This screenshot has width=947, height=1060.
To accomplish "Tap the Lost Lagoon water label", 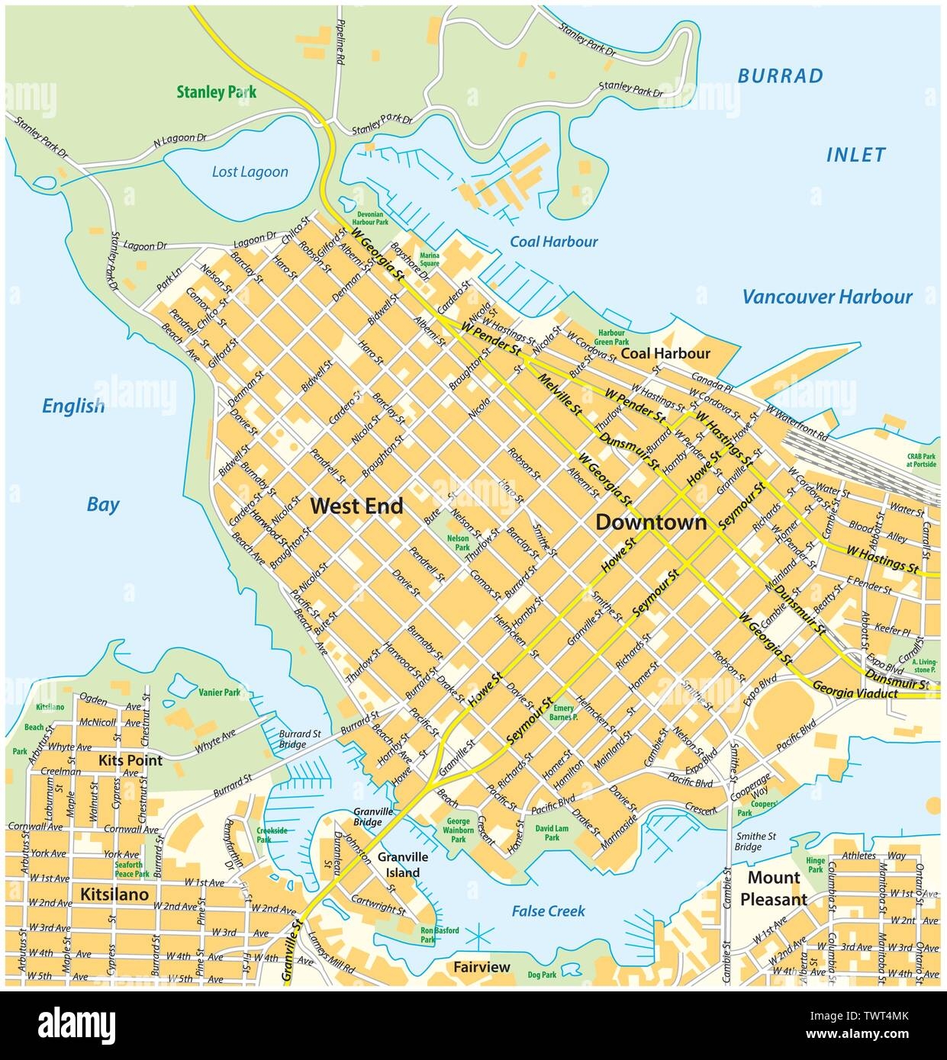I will (250, 172).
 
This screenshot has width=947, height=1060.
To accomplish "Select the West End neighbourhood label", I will (356, 505).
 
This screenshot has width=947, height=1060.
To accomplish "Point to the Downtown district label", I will (650, 522).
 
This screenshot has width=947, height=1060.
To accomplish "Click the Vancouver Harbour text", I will (827, 297).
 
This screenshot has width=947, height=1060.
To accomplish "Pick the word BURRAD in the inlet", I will (780, 75).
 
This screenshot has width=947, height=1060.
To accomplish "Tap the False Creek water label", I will (548, 911).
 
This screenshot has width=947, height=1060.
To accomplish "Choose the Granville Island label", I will (398, 865).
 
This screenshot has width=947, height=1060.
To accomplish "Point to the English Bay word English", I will (73, 406).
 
